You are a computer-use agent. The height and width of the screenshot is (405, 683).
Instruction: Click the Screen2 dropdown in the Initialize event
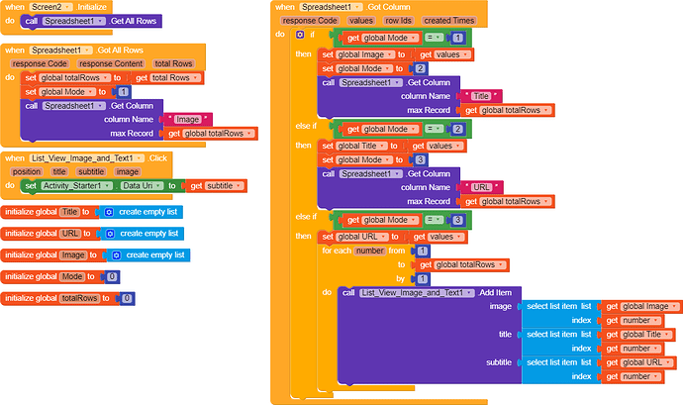pyautogui.click(x=41, y=6)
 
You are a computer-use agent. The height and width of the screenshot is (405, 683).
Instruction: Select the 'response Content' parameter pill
pyautogui.click(x=110, y=63)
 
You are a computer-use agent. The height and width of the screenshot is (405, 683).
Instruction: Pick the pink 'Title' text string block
pyautogui.click(x=482, y=95)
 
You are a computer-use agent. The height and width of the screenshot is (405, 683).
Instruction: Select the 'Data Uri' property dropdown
pyautogui.click(x=139, y=185)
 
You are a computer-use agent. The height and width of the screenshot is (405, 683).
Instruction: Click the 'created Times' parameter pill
pyautogui.click(x=449, y=20)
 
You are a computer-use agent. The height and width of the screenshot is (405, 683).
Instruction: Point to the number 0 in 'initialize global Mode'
pyautogui.click(x=112, y=276)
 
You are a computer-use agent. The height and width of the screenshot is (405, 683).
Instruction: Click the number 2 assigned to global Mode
pyautogui.click(x=421, y=67)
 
